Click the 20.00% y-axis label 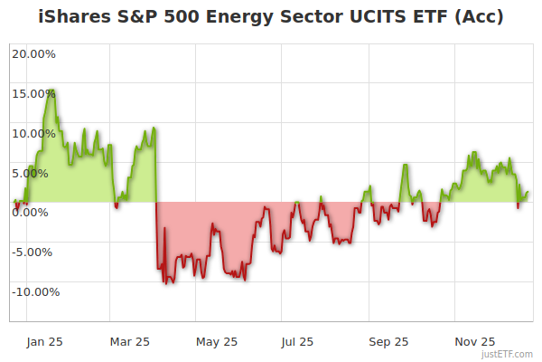33,53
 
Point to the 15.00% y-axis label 33,93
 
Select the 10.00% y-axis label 33,133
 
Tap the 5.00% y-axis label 36,173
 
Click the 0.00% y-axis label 36,212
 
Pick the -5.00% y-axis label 34,252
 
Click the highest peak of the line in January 52,90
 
